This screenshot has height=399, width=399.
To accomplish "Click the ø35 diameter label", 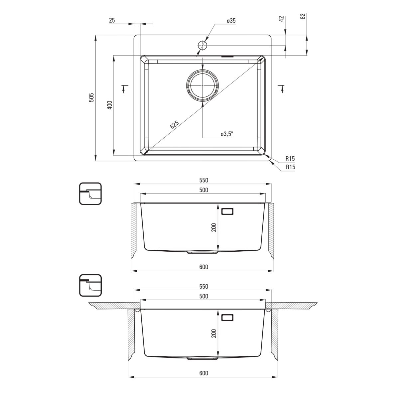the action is click(x=231, y=21).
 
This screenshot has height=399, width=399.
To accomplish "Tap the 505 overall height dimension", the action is click(x=91, y=97).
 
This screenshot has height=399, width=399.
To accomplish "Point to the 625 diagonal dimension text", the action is click(x=174, y=124).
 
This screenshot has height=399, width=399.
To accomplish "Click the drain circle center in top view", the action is click(x=202, y=85).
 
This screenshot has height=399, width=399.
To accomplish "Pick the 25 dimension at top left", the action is click(x=112, y=20).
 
